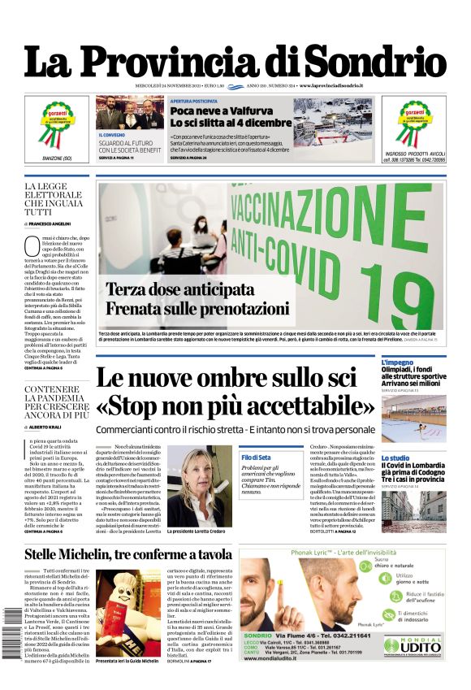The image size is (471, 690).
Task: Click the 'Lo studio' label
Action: pos(395,458)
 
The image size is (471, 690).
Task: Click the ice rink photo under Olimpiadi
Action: pos(413,418)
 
